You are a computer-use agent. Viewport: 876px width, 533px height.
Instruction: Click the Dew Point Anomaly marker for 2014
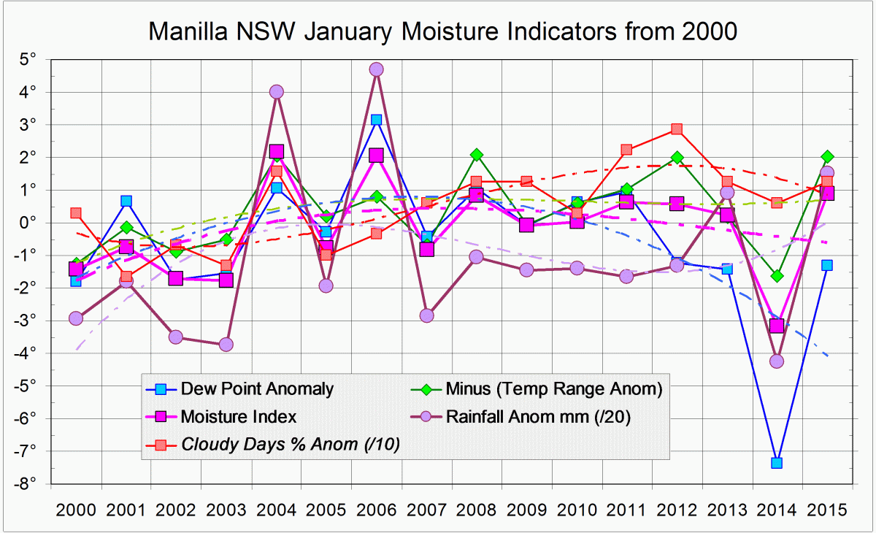(x=777, y=462)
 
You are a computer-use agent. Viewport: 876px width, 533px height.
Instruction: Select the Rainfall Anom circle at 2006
(x=377, y=69)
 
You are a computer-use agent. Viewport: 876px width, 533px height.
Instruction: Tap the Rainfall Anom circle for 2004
(x=276, y=92)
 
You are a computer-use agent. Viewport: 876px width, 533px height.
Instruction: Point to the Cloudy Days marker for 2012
(x=677, y=129)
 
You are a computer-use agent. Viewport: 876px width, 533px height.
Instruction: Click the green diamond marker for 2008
(x=477, y=154)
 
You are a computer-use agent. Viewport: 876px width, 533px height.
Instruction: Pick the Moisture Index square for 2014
(x=777, y=326)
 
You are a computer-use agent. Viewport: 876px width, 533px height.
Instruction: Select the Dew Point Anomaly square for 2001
(x=126, y=201)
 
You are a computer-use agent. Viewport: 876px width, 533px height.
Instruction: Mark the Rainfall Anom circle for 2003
(x=226, y=344)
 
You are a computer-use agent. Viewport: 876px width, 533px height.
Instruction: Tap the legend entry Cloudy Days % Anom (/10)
(x=291, y=443)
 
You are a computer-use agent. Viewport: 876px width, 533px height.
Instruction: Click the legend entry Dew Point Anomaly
(x=256, y=389)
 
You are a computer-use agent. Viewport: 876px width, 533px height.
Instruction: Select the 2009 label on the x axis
(x=526, y=509)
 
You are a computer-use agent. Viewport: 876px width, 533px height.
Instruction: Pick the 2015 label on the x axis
(x=827, y=509)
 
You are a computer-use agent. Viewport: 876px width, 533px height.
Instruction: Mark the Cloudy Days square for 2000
(x=76, y=213)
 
